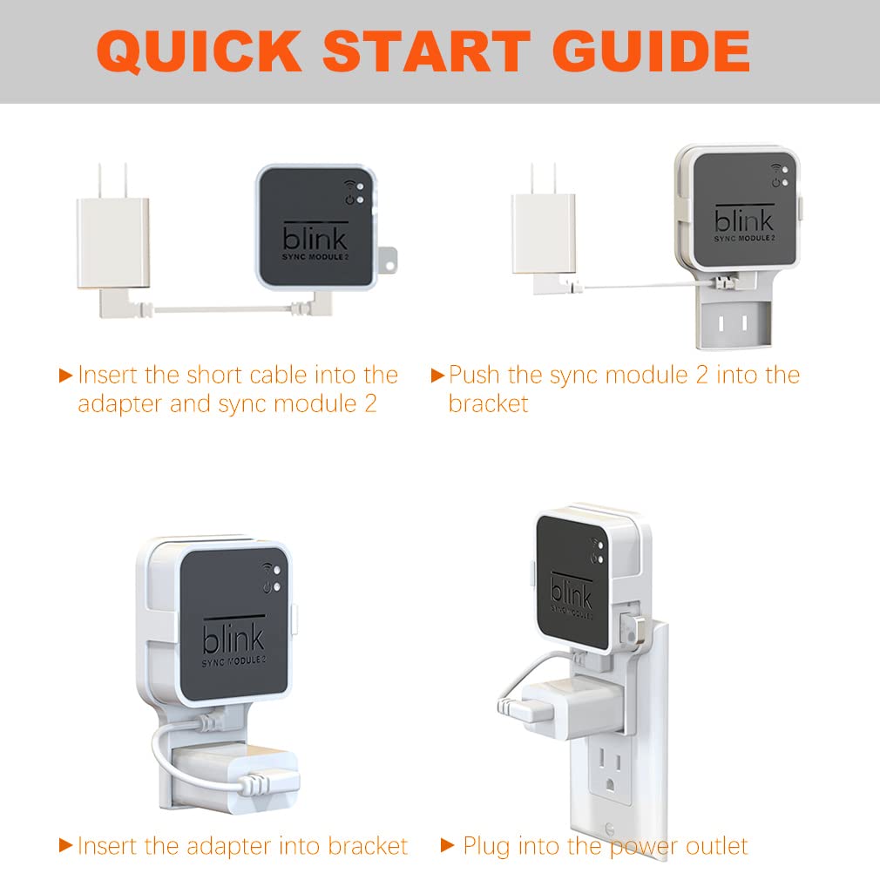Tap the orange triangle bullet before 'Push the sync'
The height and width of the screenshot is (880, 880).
click(437, 376)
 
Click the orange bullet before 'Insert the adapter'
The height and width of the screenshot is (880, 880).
click(65, 845)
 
